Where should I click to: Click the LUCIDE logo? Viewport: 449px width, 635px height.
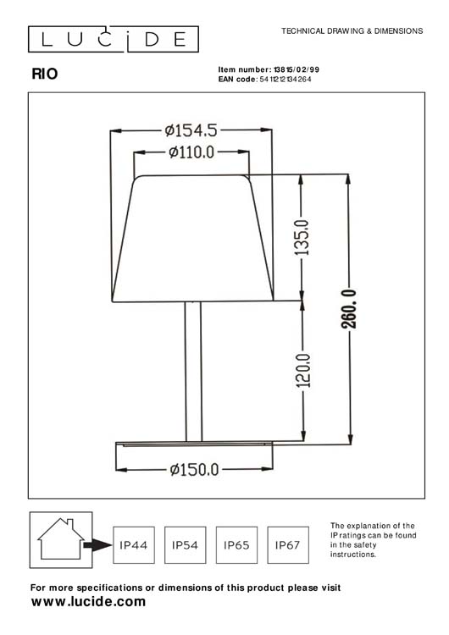tap(114, 38)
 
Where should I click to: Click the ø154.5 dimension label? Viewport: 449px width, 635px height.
tap(191, 130)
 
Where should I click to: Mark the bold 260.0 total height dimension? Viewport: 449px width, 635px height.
tap(350, 311)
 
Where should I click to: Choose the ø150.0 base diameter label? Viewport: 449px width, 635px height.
tap(194, 469)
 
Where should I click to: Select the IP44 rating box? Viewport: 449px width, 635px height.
tap(134, 546)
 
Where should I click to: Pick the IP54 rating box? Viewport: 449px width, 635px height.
tap(185, 546)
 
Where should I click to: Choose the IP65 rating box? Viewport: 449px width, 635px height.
tap(236, 546)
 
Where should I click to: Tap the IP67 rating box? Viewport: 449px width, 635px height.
tap(288, 546)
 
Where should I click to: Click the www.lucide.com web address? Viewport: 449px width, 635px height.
tap(88, 602)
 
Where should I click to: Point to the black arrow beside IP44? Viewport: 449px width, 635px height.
tap(100, 546)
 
